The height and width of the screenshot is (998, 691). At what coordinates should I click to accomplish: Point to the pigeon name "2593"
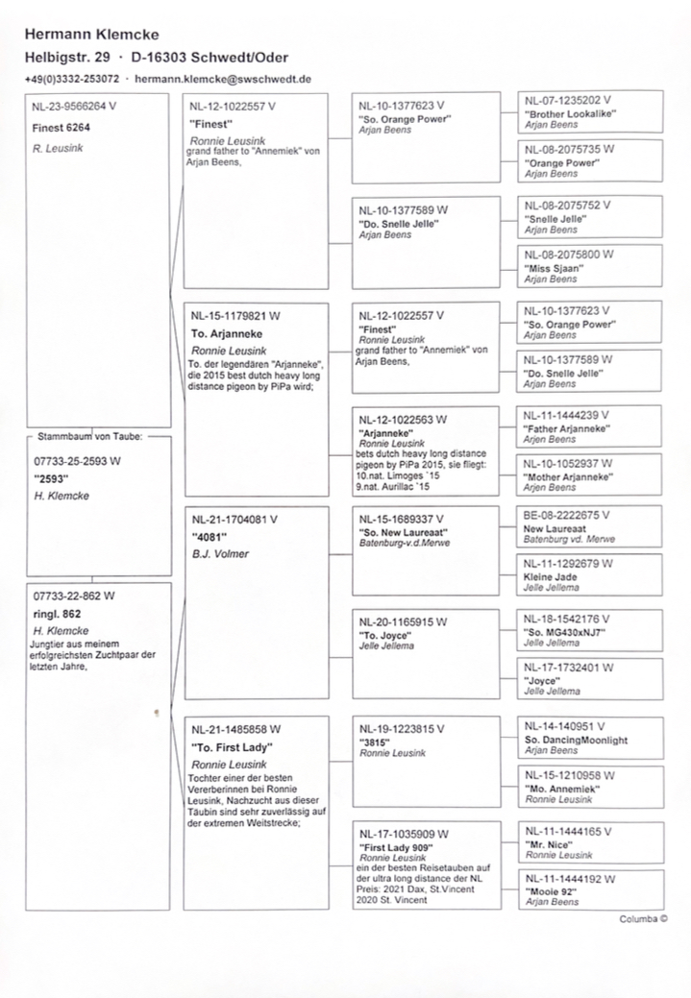[x=50, y=478]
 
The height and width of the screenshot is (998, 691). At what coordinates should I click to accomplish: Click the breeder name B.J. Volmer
[x=220, y=554]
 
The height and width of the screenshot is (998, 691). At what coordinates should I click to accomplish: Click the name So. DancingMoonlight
[x=577, y=740]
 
